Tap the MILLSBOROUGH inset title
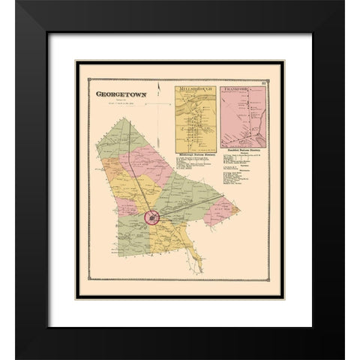click(x=196, y=88)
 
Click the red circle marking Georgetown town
click(x=152, y=218)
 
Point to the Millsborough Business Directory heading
click(x=196, y=149)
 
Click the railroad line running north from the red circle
click(x=139, y=165)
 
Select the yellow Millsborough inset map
click(x=196, y=116)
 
